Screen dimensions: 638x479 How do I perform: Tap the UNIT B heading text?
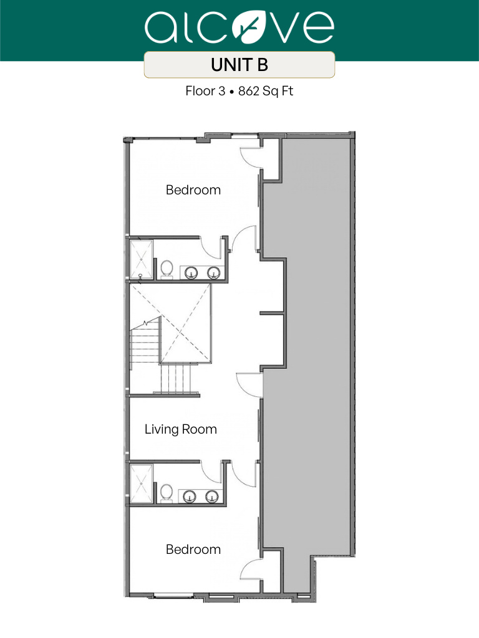tap(239, 64)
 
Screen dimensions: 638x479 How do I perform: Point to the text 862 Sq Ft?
tap(266, 91)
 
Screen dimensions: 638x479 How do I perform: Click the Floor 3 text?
tap(205, 91)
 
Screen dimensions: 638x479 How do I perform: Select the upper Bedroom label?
tap(193, 190)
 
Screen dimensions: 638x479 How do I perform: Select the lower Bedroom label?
tap(193, 550)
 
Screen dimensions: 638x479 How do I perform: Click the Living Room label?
tap(181, 429)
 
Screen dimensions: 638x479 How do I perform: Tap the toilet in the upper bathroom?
tap(167, 269)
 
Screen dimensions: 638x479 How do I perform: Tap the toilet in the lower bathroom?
tap(167, 492)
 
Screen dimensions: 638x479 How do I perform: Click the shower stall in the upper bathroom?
tap(140, 259)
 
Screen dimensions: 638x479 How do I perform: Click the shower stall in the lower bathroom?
tap(140, 483)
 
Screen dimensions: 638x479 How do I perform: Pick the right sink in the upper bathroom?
tap(213, 272)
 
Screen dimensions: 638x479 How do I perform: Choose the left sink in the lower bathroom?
tap(190, 496)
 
